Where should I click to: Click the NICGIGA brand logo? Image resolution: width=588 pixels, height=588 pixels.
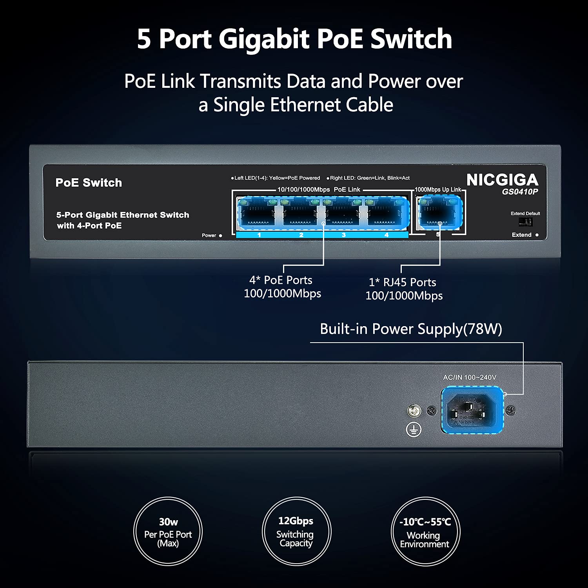502,180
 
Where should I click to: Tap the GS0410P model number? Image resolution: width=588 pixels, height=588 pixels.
520,192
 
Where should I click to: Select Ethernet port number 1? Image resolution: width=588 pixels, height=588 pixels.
258,214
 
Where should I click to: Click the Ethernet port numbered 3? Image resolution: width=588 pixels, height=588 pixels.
343,214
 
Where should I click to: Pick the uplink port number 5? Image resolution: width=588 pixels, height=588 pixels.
439,214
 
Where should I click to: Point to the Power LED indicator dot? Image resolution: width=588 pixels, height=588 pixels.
221,236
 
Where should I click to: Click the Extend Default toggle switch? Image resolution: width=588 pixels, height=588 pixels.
525,222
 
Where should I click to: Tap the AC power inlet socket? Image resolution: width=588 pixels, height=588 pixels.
472,410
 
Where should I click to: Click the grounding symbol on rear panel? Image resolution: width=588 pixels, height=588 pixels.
414,430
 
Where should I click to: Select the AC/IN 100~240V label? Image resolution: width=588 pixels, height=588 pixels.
470,377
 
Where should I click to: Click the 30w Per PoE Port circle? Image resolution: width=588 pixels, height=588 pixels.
168,532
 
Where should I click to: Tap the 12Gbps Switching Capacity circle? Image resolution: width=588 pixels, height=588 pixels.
296,532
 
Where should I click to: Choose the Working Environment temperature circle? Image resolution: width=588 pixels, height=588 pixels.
425,532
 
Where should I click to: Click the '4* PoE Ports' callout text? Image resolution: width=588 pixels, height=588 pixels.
281,280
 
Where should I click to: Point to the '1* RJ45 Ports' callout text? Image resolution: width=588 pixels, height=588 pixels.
403,282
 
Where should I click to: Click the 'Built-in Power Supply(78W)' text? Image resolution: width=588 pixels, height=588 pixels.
411,329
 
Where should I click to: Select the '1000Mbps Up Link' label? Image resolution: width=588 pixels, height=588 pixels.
438,190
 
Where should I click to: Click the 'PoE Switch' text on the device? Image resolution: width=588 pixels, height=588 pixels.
89,183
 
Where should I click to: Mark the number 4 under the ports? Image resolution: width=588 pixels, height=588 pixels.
387,235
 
